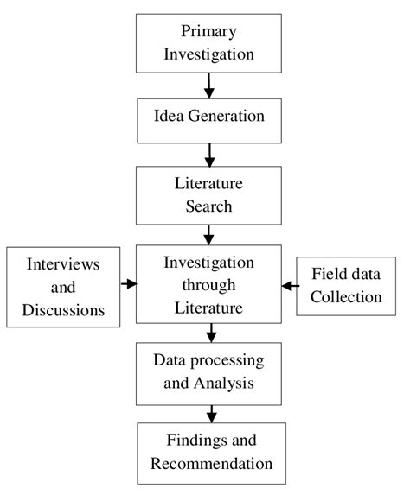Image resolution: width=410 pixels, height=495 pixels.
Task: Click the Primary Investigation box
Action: pyautogui.click(x=208, y=41)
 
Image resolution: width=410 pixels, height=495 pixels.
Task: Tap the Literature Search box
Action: pyautogui.click(x=208, y=195)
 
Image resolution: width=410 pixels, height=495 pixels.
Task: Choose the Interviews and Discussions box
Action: pyautogui.click(x=61, y=285)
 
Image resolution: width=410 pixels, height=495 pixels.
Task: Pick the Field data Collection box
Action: pyautogui.click(x=348, y=285)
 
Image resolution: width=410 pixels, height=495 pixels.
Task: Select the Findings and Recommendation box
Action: pyautogui.click(x=208, y=452)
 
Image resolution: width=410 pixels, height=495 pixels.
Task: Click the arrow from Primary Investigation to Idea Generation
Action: pyautogui.click(x=208, y=85)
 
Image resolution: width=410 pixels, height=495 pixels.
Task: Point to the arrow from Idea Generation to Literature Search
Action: pyautogui.click(x=208, y=154)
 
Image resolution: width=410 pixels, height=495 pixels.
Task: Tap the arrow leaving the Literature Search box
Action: pyautogui.click(x=208, y=233)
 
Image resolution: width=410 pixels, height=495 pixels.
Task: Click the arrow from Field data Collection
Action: pyautogui.click(x=288, y=284)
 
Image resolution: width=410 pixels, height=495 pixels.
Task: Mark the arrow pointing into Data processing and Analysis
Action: pyautogui.click(x=208, y=332)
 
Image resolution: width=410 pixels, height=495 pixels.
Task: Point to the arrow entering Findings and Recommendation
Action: pyautogui.click(x=208, y=411)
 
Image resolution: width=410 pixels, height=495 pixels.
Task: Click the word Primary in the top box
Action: pyautogui.click(x=208, y=32)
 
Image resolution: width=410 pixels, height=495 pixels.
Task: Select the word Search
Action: pyautogui.click(x=208, y=206)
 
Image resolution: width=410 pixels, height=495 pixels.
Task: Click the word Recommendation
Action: pyautogui.click(x=211, y=464)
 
